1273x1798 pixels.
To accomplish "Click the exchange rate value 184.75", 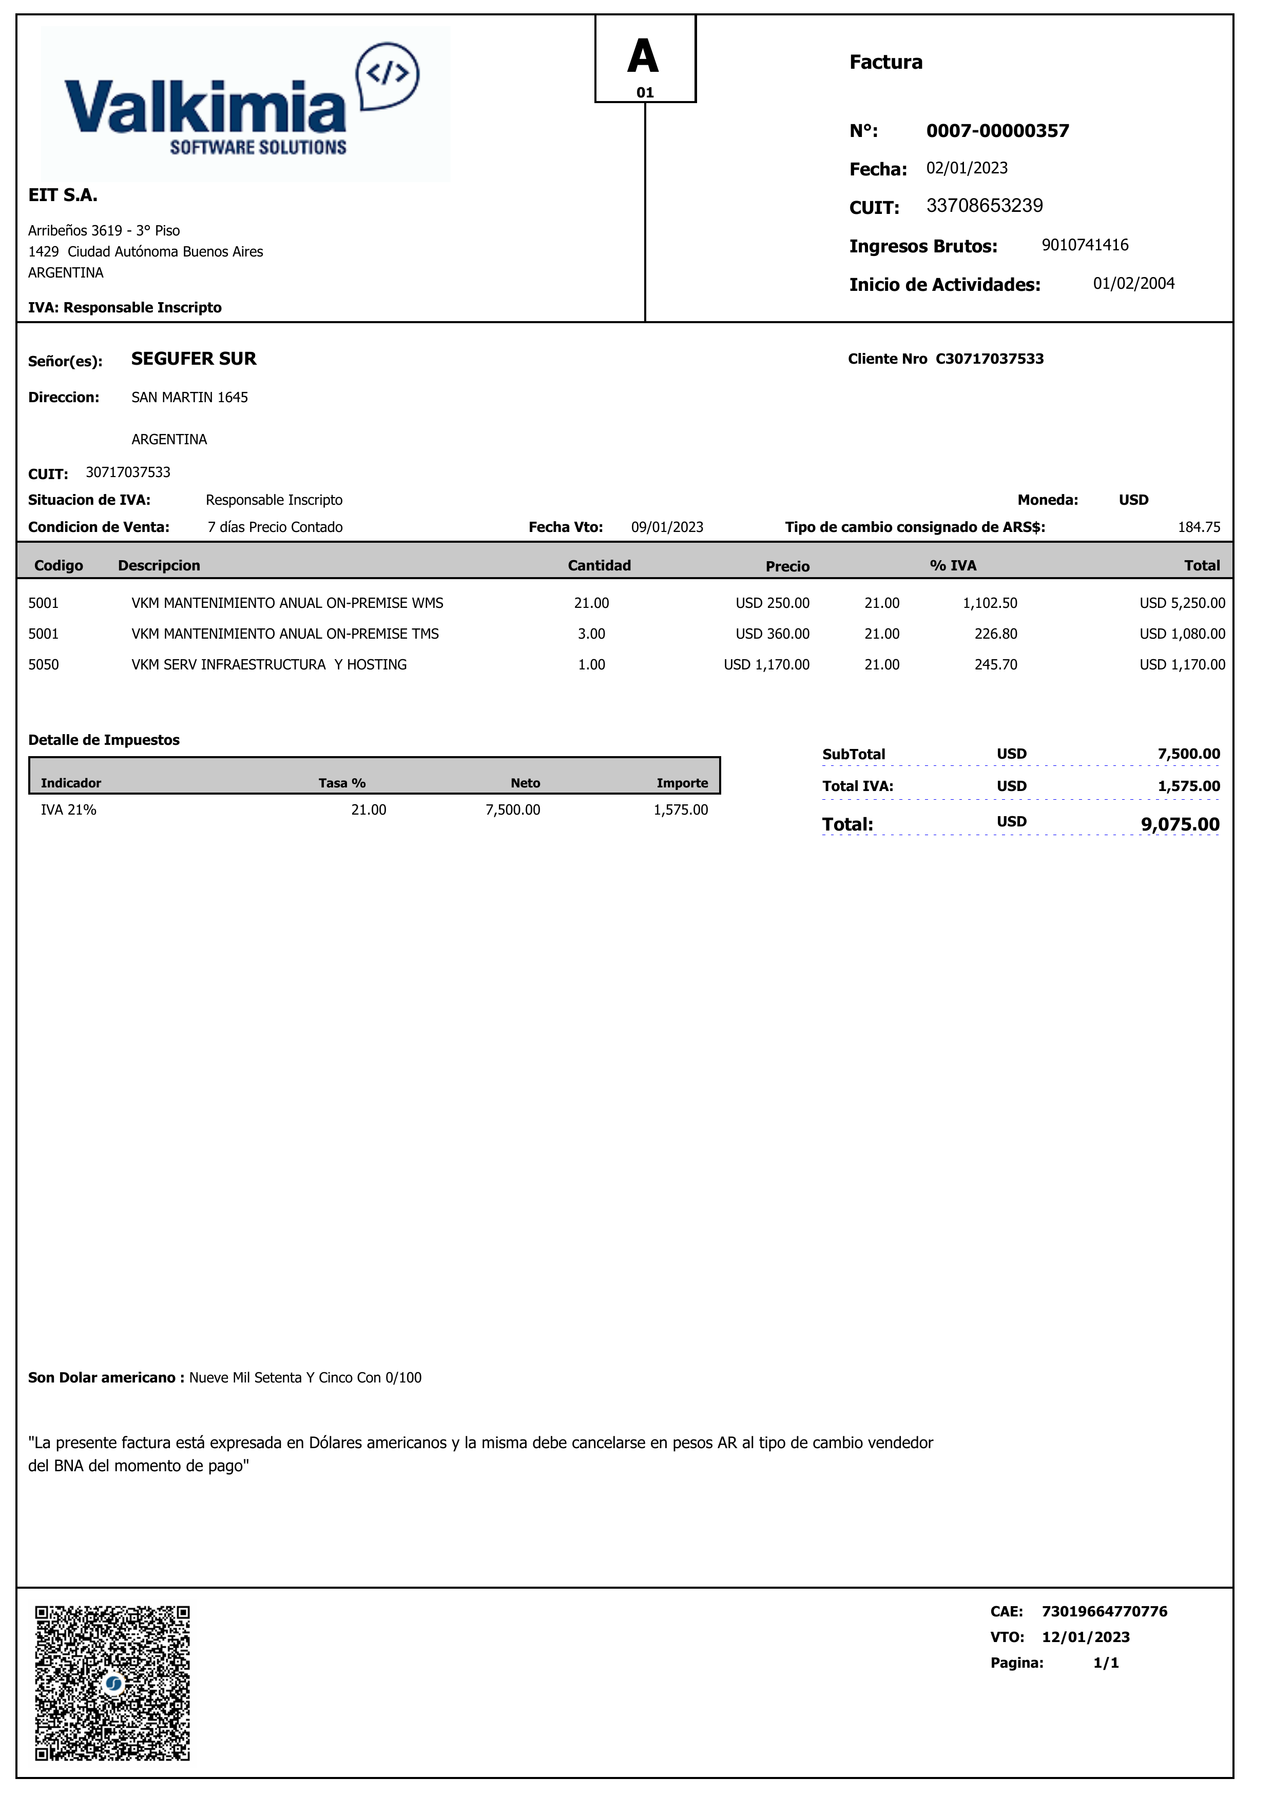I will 1199,527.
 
